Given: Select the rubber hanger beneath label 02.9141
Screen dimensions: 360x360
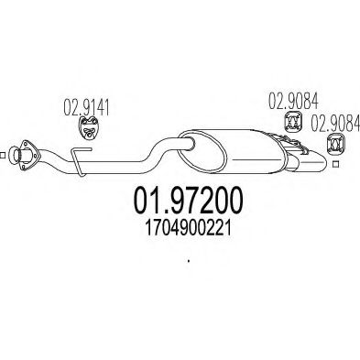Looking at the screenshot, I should [x=84, y=135].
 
